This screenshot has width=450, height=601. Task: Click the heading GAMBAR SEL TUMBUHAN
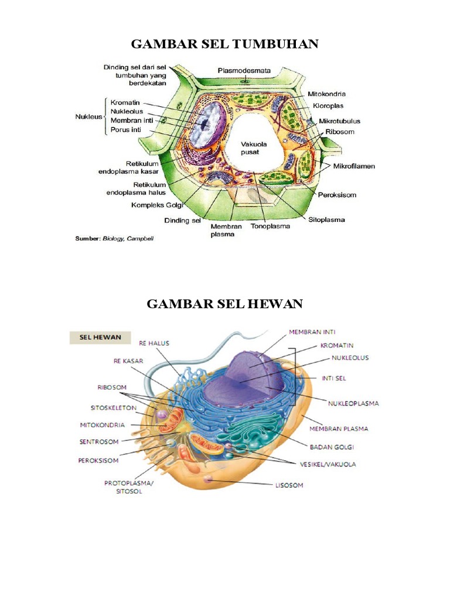224,44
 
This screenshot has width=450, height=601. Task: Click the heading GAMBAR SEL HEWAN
224,303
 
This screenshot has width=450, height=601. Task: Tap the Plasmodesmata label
244,70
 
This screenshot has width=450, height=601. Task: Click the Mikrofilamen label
354,166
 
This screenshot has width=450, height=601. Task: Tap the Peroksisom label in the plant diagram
337,195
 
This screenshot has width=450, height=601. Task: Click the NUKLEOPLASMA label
353,403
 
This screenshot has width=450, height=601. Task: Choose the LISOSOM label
290,485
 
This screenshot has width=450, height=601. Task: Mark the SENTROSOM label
98,441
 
